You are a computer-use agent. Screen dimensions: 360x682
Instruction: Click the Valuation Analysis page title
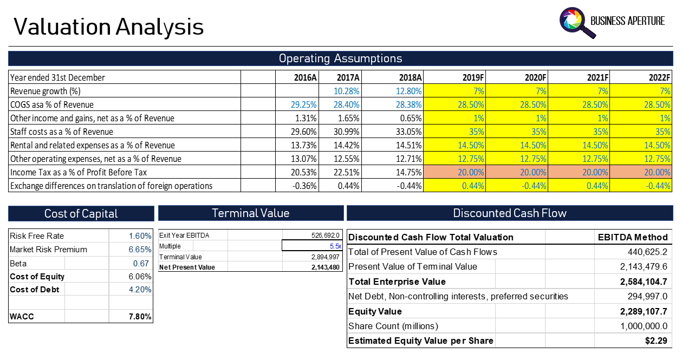click(x=108, y=27)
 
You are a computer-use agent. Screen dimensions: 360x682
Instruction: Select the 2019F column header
click(x=473, y=77)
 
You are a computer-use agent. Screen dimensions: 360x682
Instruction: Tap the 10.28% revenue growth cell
click(x=346, y=91)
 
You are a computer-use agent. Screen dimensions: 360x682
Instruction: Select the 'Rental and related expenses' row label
click(x=93, y=145)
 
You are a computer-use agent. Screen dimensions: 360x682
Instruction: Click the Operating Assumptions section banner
click(x=340, y=58)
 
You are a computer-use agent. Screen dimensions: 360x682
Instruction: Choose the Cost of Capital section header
click(x=81, y=213)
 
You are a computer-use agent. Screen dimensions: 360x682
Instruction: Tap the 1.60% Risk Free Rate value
click(x=140, y=236)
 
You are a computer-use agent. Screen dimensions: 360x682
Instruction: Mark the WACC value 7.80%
click(x=140, y=317)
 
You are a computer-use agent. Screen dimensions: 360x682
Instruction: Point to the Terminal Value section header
click(x=250, y=213)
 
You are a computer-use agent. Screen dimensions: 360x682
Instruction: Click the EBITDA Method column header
click(x=633, y=237)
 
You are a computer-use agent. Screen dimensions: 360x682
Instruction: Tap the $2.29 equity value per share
click(x=656, y=341)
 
